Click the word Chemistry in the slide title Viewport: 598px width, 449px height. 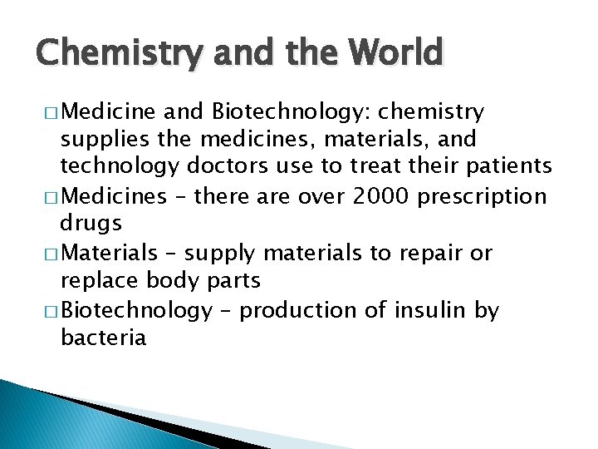[108, 54]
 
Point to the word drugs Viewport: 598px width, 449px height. [91, 224]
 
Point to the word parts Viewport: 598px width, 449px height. [233, 281]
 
